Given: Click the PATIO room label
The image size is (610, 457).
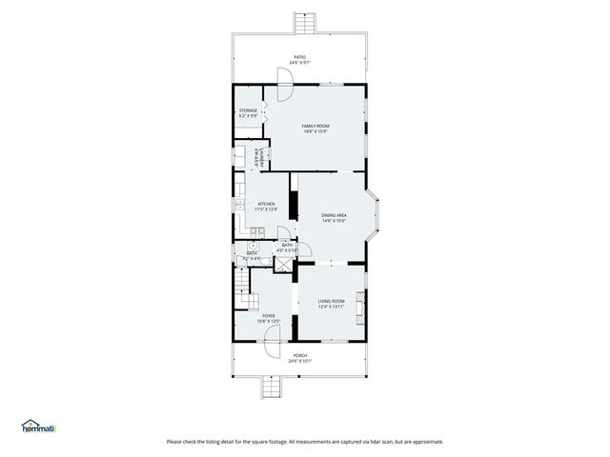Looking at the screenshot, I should pos(299,60).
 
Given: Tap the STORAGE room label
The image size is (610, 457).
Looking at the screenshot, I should pos(248,113).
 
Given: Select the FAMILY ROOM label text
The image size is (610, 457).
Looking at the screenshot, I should pos(315,129).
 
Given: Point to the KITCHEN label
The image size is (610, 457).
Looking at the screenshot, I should pos(267,207).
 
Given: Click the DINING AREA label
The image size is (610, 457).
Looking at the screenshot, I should pos(334,218).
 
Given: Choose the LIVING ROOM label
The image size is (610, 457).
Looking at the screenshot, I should pos(331,305).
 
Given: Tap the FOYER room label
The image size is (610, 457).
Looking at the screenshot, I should pos(269,319).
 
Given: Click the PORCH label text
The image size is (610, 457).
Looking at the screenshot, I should pos(299,359).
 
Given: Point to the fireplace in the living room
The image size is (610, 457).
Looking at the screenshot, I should pos(360,306).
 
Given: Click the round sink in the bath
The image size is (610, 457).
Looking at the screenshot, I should pos(252,245).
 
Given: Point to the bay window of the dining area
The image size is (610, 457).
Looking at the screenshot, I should pos(377,216).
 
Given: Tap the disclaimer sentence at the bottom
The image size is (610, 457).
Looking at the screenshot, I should pos(305,441).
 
